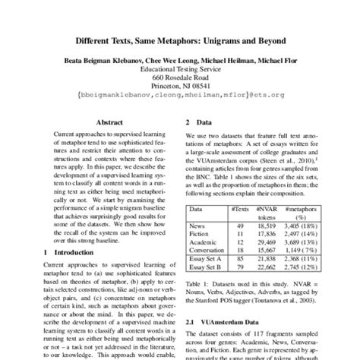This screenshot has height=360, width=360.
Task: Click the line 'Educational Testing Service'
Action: click(179, 66)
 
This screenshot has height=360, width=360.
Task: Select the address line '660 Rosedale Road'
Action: click(179, 76)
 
